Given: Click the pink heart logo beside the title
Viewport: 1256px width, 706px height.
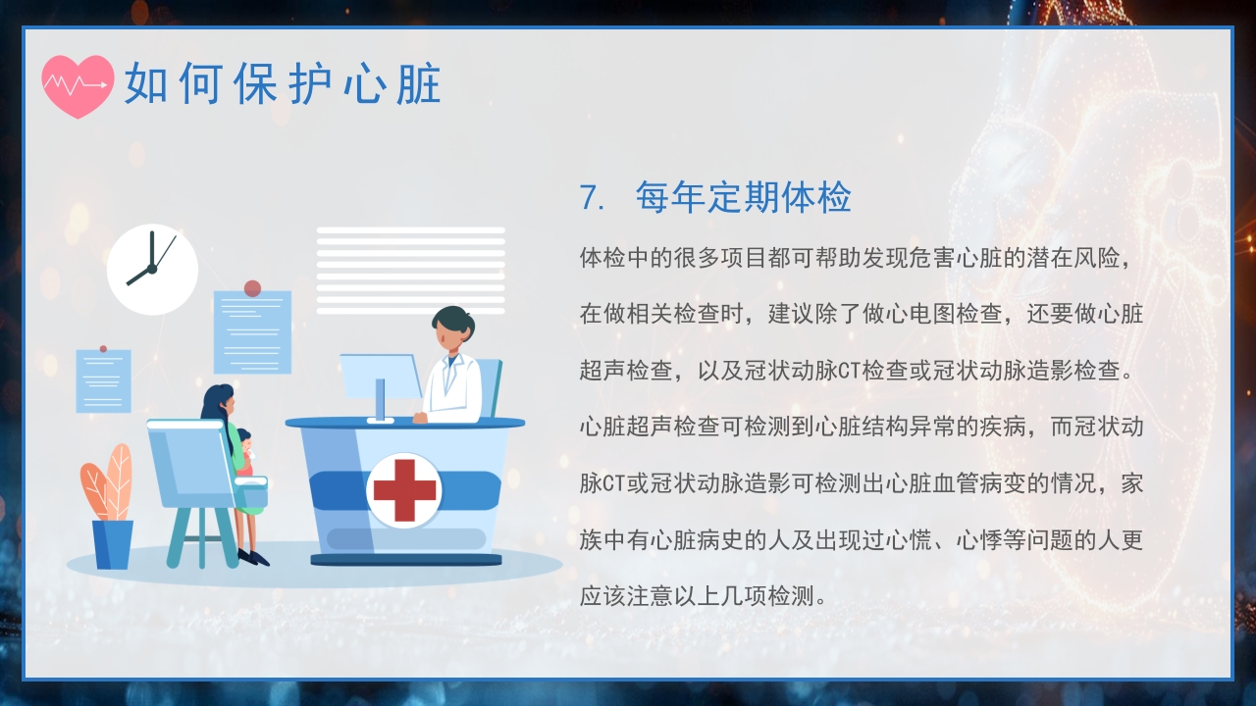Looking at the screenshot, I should pos(78,85).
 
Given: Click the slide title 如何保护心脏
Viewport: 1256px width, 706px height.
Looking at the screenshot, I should pos(283,85).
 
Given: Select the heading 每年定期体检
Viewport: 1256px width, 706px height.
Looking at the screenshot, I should pos(743,198).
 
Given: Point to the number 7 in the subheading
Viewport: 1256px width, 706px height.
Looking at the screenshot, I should pos(589,198).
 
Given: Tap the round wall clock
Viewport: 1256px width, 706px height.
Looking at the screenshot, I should pos(152,269).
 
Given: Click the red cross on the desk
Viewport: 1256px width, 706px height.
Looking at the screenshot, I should pos(403,490).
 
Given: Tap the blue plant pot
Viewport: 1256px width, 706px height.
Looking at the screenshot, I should pos(113,544).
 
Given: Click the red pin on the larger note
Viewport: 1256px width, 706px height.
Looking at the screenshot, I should pos(252,288).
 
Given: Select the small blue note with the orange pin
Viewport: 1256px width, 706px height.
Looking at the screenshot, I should pos(103,380).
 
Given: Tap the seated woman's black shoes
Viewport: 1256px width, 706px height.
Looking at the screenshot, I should pos(254,558).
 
